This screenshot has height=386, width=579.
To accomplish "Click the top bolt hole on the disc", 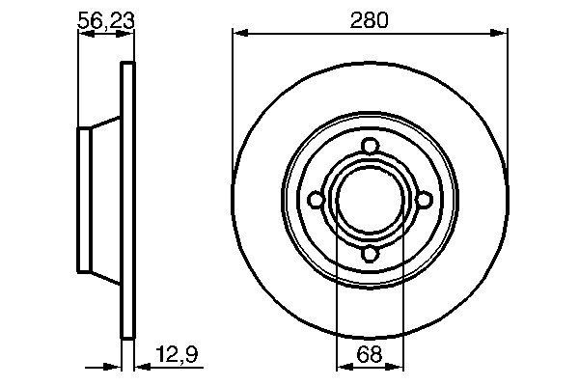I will click(x=371, y=146).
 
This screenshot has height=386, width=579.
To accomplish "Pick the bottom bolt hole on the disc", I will click(x=371, y=254).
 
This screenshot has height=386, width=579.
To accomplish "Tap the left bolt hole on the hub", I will click(x=316, y=200).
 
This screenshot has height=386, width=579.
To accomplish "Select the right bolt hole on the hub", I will click(x=425, y=200).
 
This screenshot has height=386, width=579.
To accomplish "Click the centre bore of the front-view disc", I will click(x=371, y=200).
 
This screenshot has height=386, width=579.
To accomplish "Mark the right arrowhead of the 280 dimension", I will click(x=502, y=34).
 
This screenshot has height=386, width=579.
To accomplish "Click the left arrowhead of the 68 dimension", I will click(x=341, y=367).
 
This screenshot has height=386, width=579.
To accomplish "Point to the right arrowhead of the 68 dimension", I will click(x=400, y=367).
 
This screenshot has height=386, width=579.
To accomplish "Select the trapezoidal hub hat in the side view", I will click(x=98, y=200).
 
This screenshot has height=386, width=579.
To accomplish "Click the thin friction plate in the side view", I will click(x=125, y=200).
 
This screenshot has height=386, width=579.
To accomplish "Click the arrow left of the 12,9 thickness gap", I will click(x=110, y=367).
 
